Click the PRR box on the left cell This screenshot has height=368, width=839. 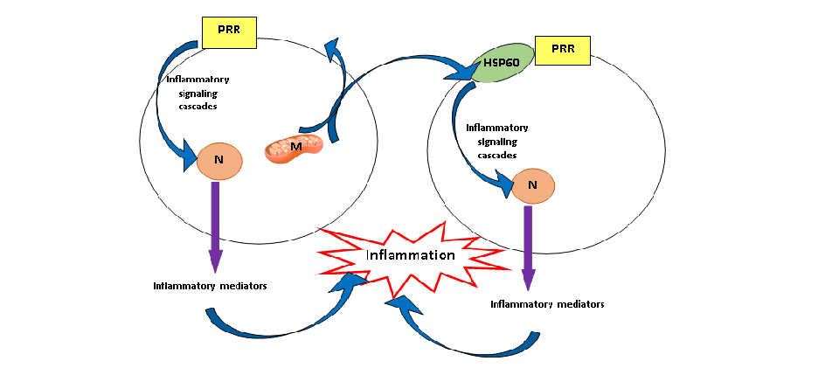(x=230, y=32)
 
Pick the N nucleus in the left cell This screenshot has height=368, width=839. (x=218, y=160)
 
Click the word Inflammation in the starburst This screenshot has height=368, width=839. (x=411, y=255)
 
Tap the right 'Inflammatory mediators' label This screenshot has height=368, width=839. (x=547, y=304)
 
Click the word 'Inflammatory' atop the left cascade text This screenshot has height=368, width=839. (x=198, y=80)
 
